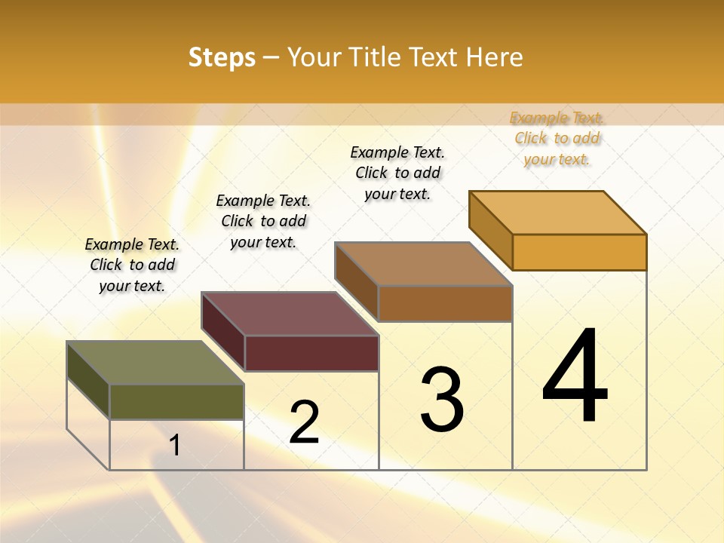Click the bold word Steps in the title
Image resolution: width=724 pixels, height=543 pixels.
[222, 57]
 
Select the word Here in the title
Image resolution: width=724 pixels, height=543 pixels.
[494, 57]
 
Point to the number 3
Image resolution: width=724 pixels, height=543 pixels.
[442, 399]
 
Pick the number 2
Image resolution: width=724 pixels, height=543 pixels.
[304, 422]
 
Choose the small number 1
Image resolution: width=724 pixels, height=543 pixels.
[175, 445]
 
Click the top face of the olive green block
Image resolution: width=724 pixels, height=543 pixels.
[155, 363]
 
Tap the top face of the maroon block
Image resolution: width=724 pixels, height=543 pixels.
[290, 314]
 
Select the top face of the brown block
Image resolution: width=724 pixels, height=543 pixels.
[424, 264]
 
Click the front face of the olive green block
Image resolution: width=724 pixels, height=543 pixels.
[176, 402]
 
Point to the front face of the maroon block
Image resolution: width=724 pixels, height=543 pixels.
[311, 353]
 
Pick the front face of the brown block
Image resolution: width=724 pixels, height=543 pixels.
[445, 303]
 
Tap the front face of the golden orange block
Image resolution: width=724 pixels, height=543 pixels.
[579, 252]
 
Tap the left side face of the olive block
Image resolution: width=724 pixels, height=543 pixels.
[88, 379]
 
